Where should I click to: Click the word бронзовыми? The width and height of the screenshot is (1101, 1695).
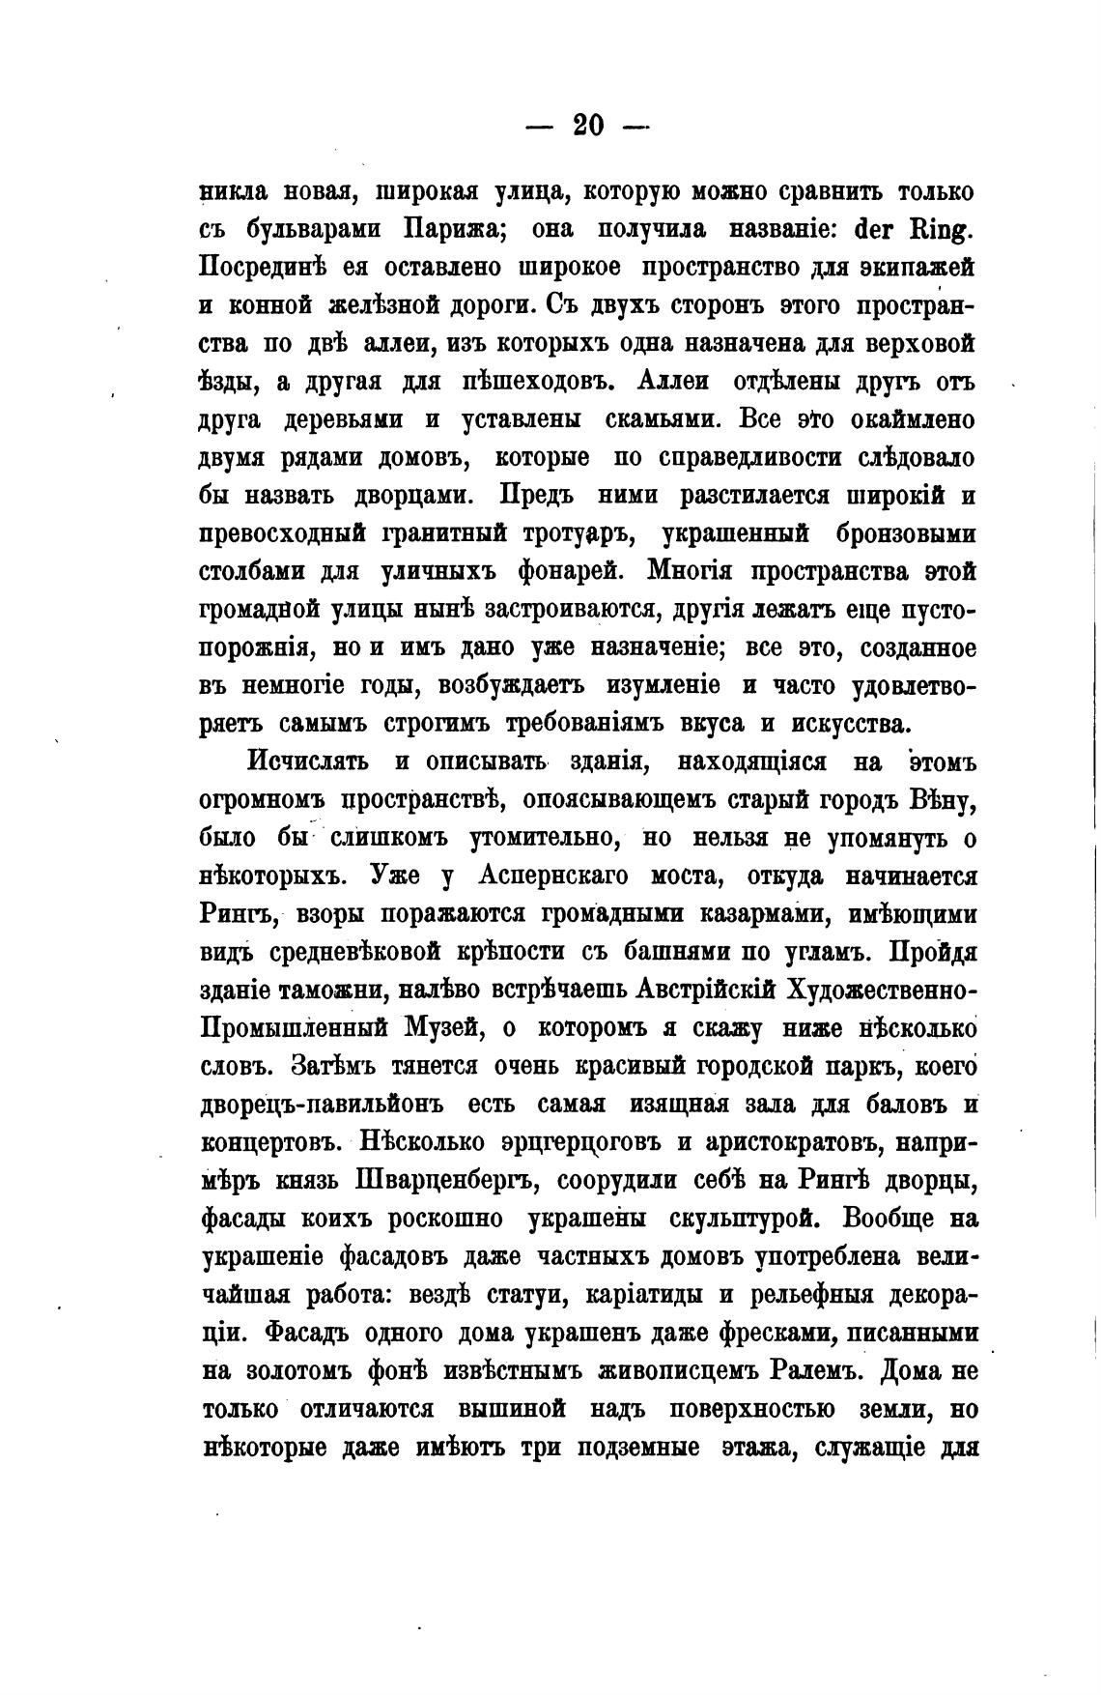coord(903,534)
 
